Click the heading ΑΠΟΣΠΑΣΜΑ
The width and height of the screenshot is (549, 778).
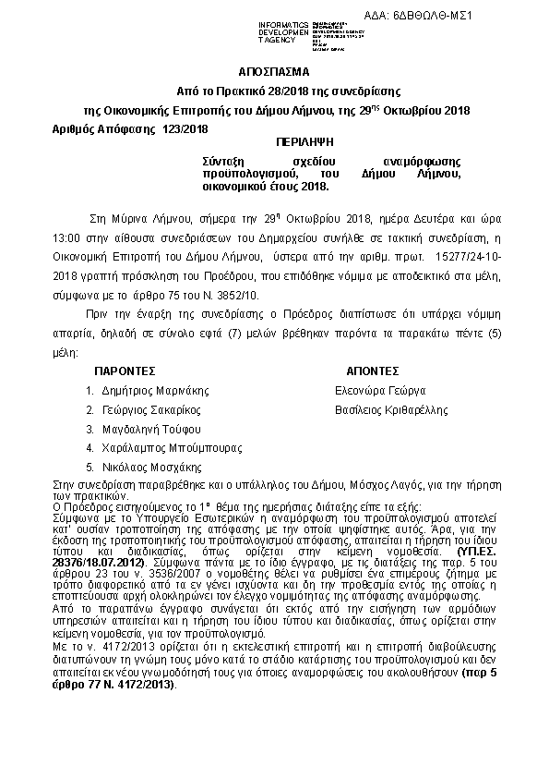tap(274, 71)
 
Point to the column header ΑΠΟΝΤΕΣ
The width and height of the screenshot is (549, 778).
tap(372, 369)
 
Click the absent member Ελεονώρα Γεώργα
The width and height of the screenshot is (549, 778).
tap(379, 390)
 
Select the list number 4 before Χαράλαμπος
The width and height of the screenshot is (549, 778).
tap(89, 449)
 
